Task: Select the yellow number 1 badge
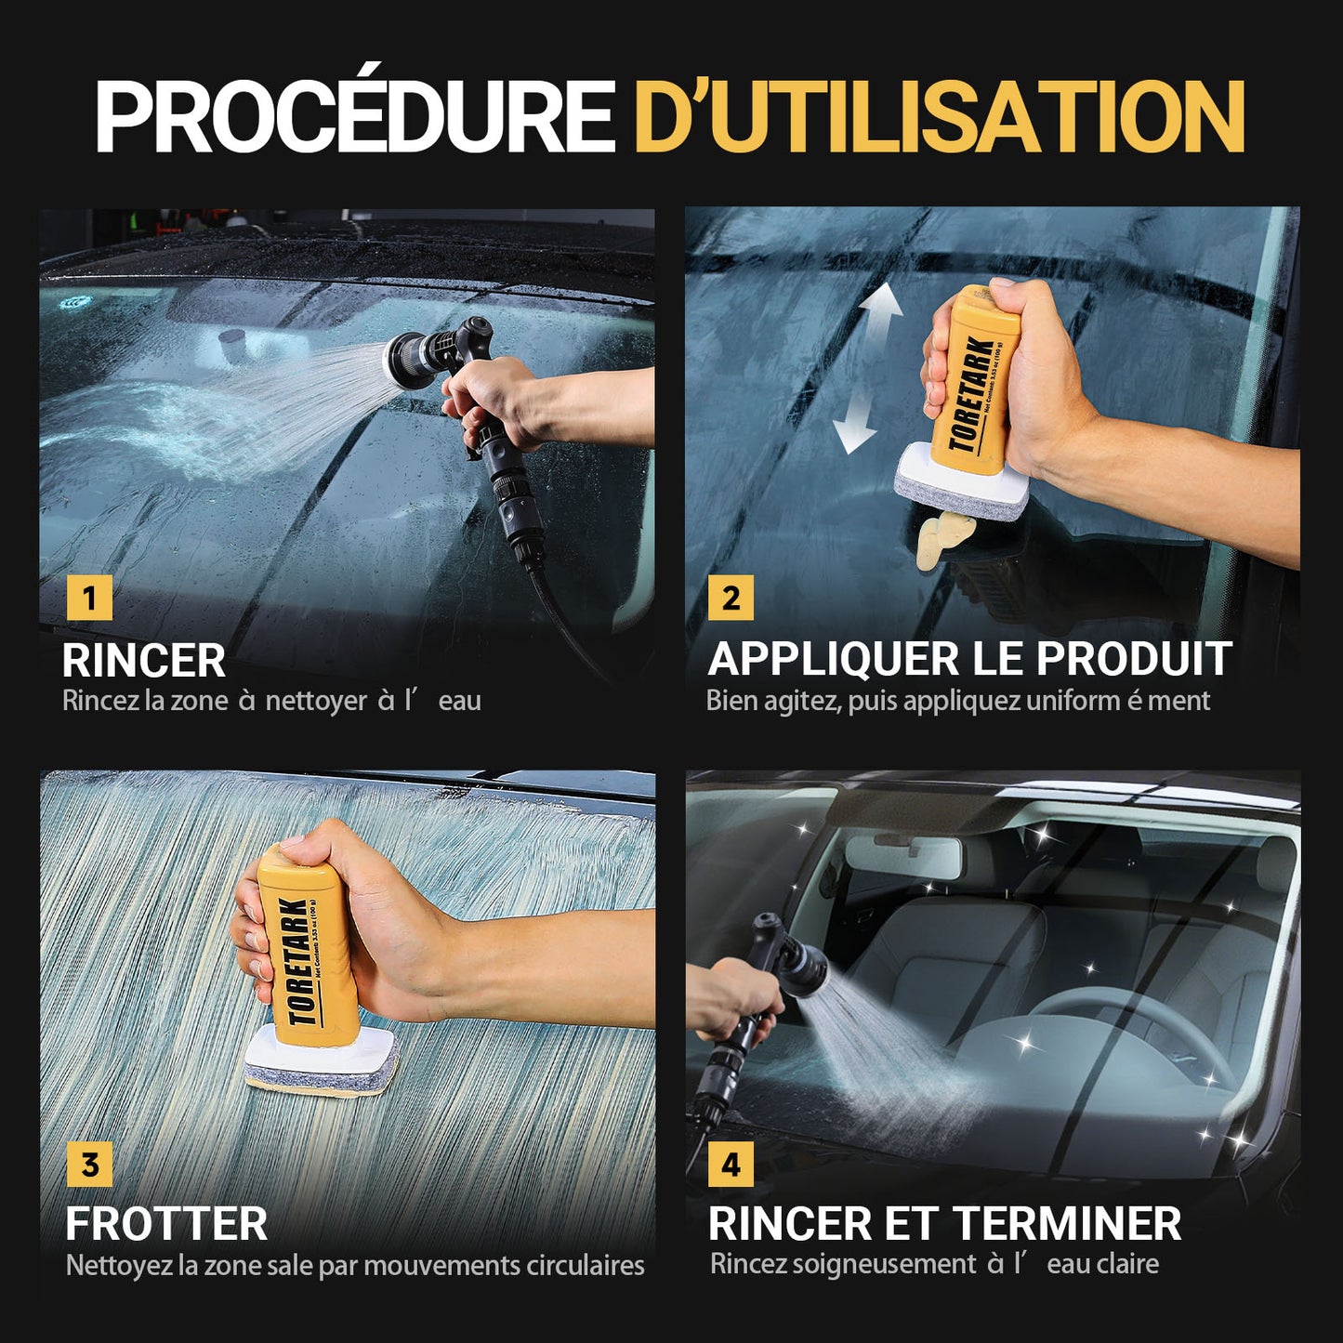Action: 89,598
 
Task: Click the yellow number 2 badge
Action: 731,598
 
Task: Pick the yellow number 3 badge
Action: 89,1164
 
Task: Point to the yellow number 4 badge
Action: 731,1164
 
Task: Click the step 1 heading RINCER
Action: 143,660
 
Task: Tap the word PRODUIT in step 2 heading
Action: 1134,658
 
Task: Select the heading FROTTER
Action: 166,1225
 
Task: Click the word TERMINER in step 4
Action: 1067,1224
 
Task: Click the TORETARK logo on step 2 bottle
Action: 971,394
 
